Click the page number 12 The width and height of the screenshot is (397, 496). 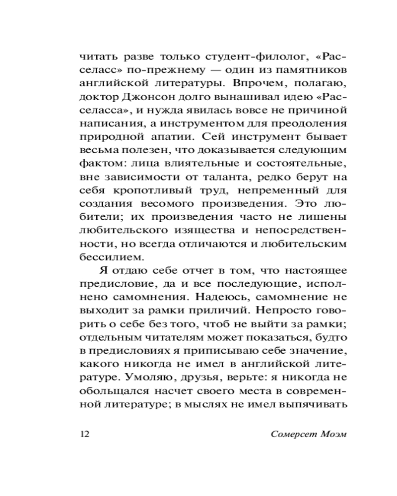click(83, 434)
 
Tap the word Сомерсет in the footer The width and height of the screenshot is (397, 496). click(292, 434)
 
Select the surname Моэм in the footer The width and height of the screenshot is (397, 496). click(331, 434)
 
